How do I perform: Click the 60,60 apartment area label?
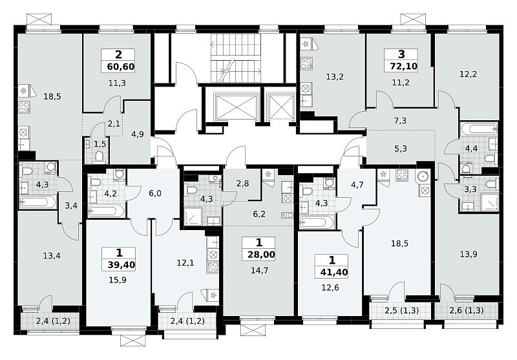tap(121, 67)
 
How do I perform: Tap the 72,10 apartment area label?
tap(403, 67)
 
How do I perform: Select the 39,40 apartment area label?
tap(121, 265)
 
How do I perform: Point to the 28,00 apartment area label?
tap(261, 255)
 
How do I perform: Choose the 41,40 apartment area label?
tap(334, 272)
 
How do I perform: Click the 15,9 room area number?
tap(118, 281)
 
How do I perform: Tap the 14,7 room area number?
tap(260, 271)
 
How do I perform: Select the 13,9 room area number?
tap(469, 255)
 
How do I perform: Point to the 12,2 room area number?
tap(468, 74)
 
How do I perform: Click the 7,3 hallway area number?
tap(400, 121)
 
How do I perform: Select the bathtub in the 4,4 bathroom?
tap(479, 129)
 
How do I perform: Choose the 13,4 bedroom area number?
tap(52, 255)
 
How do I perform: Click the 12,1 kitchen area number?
tap(185, 263)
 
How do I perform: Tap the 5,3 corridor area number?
tap(400, 149)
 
